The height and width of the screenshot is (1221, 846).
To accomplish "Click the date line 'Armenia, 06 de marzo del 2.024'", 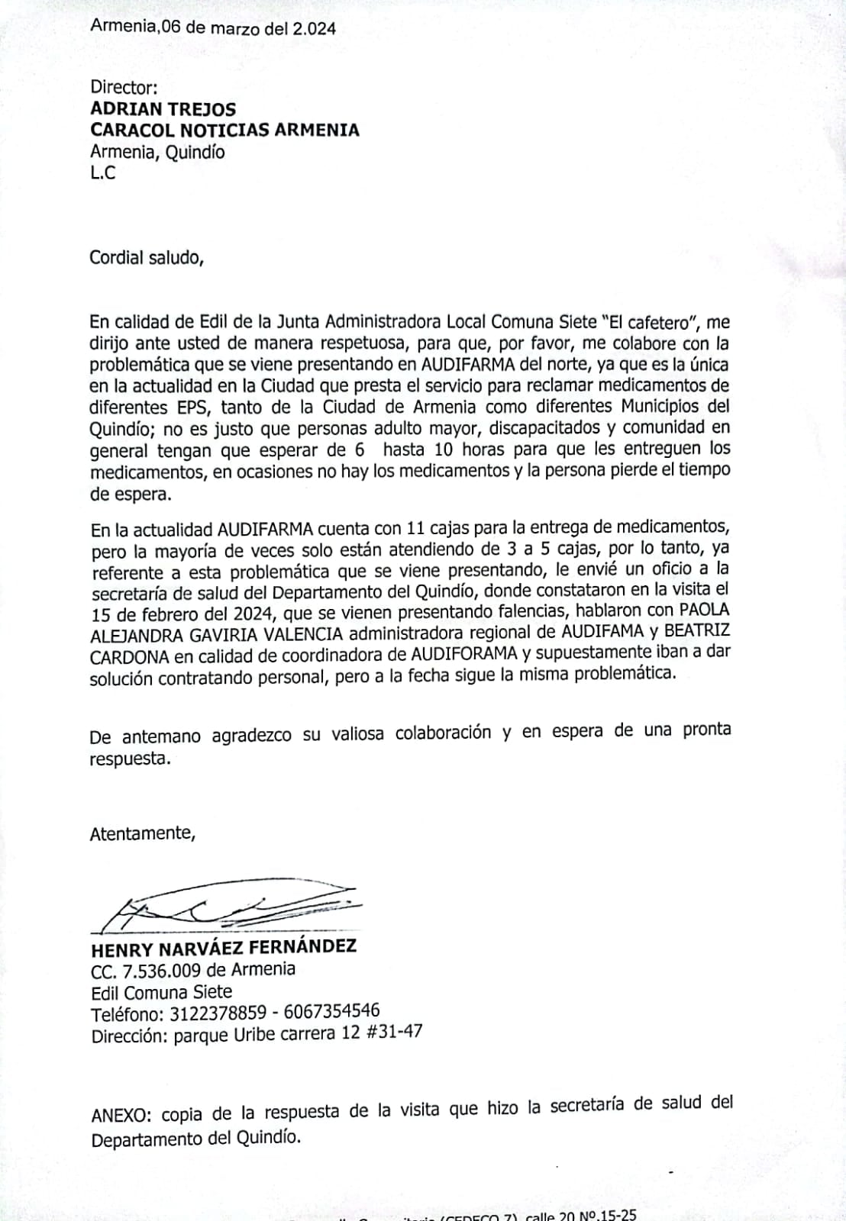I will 213,28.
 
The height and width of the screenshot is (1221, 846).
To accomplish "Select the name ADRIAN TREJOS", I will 163,109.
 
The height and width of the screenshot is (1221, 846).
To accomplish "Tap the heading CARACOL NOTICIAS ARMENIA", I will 224,130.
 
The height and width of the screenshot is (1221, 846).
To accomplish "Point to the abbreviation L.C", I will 103,173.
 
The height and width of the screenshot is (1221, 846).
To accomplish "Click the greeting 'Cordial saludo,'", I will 147,258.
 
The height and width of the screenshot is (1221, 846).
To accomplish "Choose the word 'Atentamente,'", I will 143,833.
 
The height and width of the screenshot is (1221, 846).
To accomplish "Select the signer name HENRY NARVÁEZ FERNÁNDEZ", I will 224,948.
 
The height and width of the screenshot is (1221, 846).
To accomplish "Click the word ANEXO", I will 121,1115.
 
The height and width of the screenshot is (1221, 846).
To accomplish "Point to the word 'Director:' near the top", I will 124,88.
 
